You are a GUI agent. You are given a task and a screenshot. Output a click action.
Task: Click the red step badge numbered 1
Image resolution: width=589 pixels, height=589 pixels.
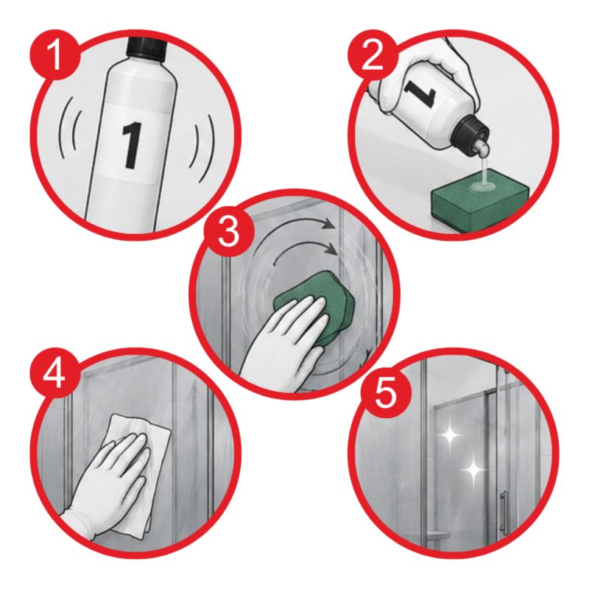[x=55, y=56]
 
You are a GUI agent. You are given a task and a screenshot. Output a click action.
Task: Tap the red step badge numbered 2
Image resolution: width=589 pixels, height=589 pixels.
[x=372, y=56]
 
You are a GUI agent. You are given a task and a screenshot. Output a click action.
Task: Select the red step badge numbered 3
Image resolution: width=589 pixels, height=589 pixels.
[x=228, y=231]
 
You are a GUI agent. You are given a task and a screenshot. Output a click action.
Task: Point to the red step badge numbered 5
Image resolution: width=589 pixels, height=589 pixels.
[x=385, y=393]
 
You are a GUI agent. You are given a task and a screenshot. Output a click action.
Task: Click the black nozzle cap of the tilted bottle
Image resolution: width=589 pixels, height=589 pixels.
[x=471, y=130]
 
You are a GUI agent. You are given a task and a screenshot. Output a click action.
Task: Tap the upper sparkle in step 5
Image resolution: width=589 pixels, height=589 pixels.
[x=450, y=435]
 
